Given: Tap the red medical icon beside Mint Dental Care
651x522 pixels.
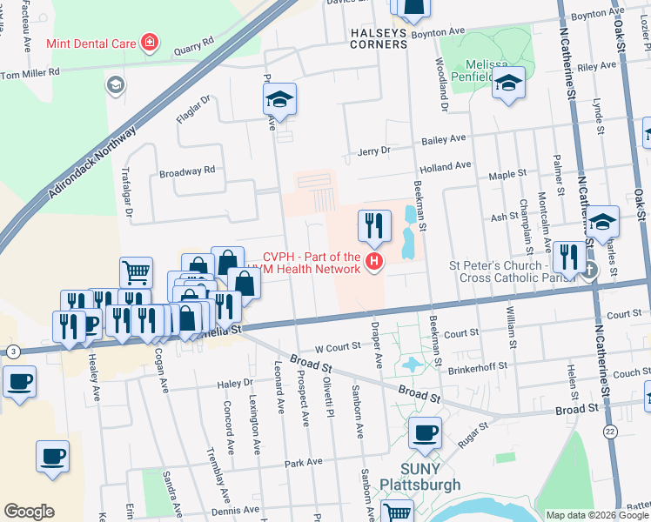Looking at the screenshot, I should [x=150, y=42].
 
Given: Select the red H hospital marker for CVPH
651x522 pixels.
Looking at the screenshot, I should [x=374, y=261].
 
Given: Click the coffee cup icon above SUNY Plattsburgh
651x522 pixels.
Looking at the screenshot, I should [x=425, y=432].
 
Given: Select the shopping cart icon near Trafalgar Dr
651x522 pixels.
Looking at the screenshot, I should [x=136, y=271].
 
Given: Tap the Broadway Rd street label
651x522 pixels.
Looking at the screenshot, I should [x=186, y=172].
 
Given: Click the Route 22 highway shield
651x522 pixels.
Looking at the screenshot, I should [x=609, y=432].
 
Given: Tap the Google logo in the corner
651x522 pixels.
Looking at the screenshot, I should [x=29, y=512].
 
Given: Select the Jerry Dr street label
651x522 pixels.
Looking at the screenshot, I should [x=375, y=151].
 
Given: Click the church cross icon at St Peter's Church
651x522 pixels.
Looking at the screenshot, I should [x=590, y=270].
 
